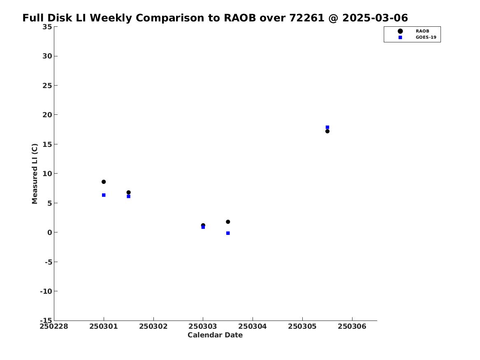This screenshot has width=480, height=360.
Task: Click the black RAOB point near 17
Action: [327, 131]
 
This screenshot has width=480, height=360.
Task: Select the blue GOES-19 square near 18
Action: [327, 127]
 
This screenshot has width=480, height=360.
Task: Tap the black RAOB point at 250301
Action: [104, 182]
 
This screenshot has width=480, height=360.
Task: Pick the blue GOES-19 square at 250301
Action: [104, 195]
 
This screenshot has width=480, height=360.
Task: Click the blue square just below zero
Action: [228, 233]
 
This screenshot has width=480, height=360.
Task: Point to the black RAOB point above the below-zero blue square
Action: [228, 222]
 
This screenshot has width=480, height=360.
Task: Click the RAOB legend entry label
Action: [422, 31]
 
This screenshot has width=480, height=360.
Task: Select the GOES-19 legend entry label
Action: [426, 37]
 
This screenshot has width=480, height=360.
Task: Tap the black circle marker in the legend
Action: [400, 31]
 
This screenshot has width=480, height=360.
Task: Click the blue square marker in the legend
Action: [400, 37]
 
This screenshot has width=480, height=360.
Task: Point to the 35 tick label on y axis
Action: [47, 27]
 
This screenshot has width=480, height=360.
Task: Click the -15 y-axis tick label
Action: [46, 320]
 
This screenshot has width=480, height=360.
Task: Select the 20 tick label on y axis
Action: [47, 115]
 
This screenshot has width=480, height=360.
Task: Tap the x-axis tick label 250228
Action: [54, 327]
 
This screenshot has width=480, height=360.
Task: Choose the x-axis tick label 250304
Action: [253, 327]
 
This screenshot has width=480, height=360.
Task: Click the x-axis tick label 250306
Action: [352, 327]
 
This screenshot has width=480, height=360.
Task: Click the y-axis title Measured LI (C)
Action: [35, 174]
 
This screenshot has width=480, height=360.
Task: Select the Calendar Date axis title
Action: [215, 335]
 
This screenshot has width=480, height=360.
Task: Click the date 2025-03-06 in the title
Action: [375, 18]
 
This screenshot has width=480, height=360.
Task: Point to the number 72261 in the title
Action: [307, 18]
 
